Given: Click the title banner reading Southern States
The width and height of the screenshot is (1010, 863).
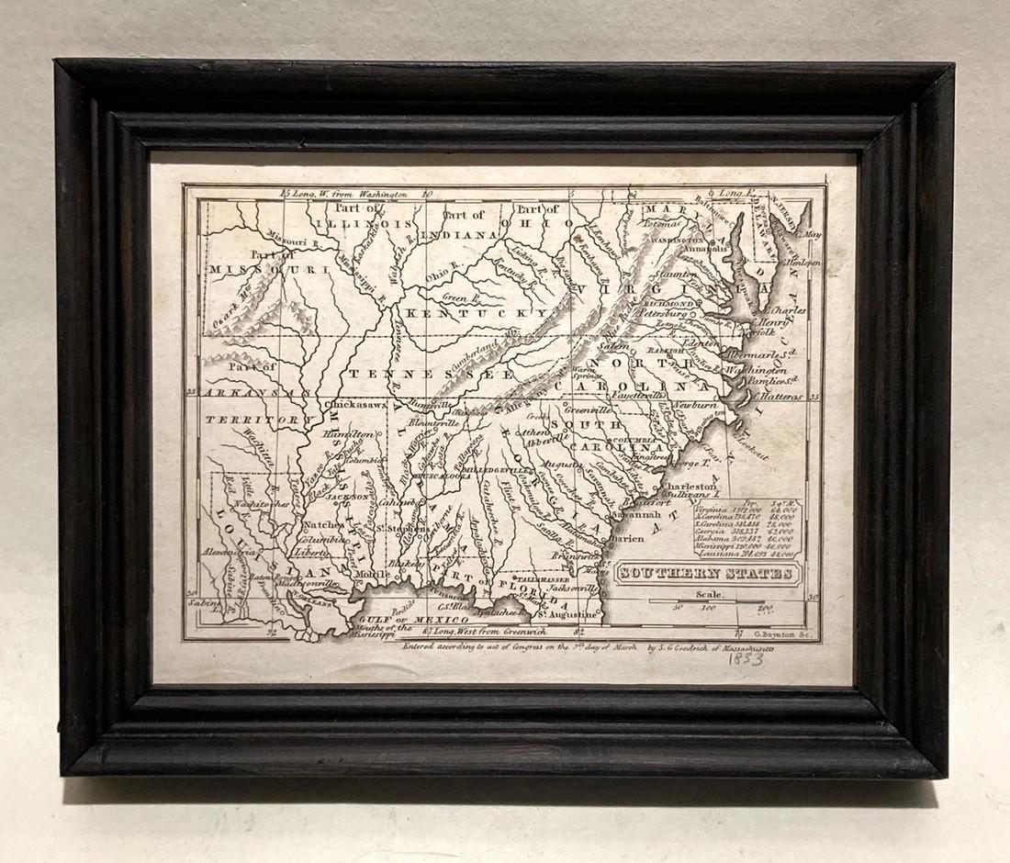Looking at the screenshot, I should [x=706, y=573].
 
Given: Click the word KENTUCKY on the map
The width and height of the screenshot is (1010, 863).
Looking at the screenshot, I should [x=456, y=314].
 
